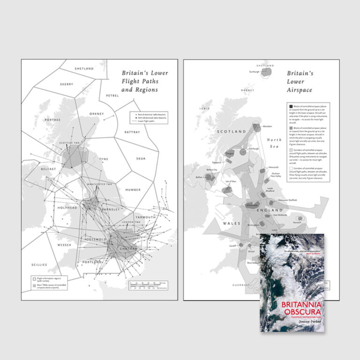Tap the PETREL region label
pyautogui.click(x=112, y=96)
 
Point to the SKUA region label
pyautogui.click(x=140, y=158)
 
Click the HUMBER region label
pyautogui.click(x=133, y=190)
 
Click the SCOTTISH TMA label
pyautogui.click(x=70, y=143)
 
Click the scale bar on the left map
pyautogui.click(x=147, y=285)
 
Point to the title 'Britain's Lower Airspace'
pyautogui.click(x=300, y=81)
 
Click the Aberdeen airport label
pyautogui.click(x=267, y=127)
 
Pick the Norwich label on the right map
pyautogui.click(x=298, y=222)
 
